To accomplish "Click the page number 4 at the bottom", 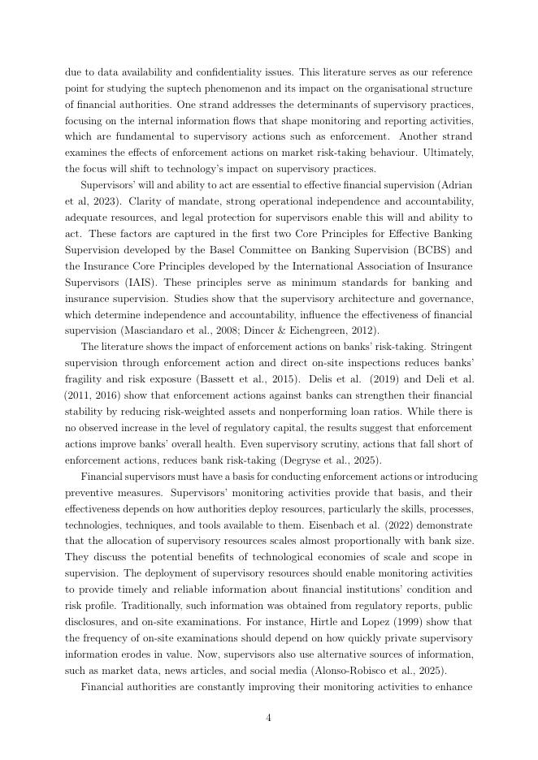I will click(268, 718).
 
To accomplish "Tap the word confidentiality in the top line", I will click(243, 72).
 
